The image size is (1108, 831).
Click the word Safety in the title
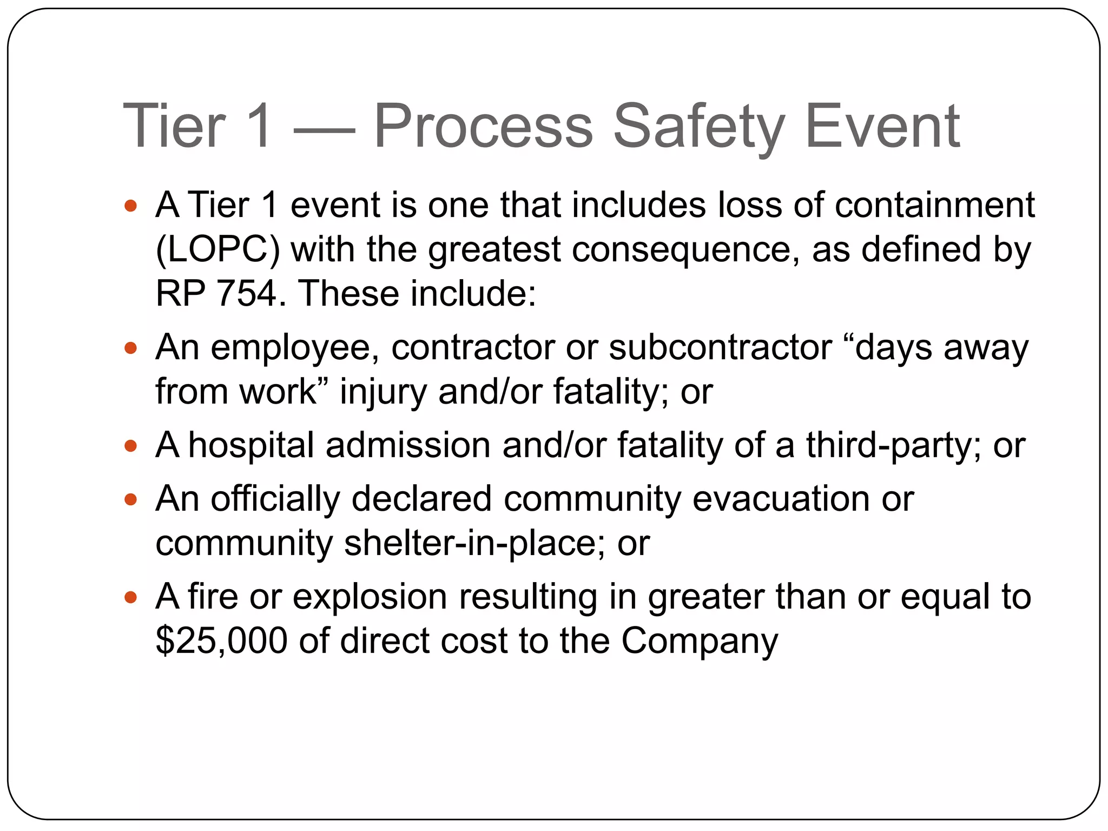699,127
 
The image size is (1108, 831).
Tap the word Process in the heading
484,127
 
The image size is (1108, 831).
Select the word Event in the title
882,127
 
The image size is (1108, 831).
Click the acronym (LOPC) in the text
217,250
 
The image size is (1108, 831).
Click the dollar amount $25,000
221,641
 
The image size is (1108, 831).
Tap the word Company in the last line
699,642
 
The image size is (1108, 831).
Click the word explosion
370,597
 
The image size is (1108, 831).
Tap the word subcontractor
720,347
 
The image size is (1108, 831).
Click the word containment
934,206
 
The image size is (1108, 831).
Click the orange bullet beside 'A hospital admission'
130,446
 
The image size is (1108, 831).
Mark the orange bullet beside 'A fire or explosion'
130,597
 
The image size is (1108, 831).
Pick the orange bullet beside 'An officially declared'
130,499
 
